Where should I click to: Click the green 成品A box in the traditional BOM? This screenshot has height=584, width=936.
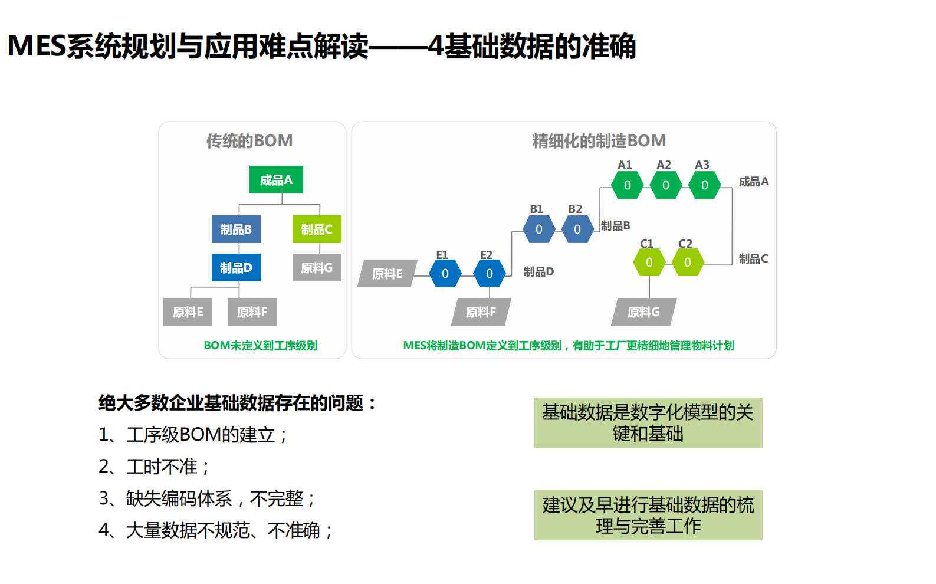point(276,180)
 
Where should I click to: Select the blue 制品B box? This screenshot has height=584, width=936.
point(236,229)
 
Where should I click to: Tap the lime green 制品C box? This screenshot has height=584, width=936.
point(317,229)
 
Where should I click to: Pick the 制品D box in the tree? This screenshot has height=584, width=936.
point(236,268)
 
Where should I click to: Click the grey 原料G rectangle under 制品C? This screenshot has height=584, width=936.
point(317,268)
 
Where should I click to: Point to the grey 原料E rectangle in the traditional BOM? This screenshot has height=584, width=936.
point(188,312)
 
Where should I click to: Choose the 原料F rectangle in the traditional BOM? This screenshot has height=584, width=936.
point(252,312)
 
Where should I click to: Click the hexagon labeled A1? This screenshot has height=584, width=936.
point(627,185)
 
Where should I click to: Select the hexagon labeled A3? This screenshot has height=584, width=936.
point(704,185)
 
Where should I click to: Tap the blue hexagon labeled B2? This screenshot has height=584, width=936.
point(577,229)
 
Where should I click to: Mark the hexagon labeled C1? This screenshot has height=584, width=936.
point(649,263)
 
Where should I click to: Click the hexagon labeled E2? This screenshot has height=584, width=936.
point(489,274)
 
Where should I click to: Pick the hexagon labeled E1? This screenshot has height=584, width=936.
point(445,274)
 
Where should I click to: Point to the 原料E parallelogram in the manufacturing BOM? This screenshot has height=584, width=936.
point(387,274)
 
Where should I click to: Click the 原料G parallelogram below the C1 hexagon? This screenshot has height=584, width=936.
point(643,312)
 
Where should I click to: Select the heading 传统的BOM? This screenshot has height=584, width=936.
point(249,141)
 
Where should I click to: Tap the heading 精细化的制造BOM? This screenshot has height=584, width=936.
point(599,141)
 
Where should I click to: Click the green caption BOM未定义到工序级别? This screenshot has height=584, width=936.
point(260,346)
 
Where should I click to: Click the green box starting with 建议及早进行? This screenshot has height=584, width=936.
point(648,515)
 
